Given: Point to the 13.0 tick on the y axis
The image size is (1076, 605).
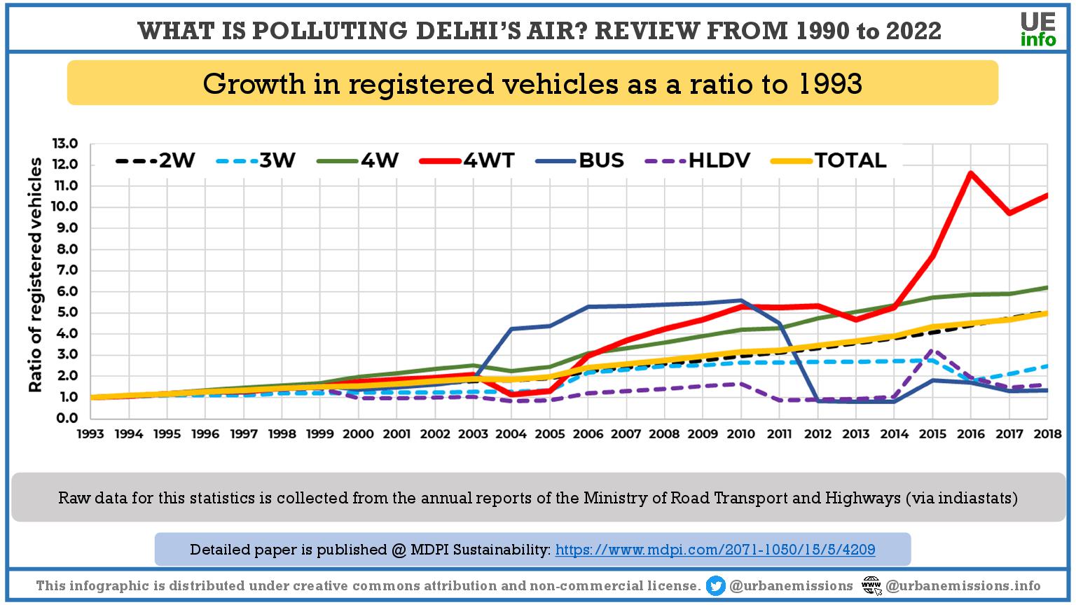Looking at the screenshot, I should (64, 144).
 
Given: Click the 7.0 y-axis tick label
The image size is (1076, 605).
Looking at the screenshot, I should (64, 270).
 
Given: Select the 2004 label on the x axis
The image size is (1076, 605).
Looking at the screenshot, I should (511, 434).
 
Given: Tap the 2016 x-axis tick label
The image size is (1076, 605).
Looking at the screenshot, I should (971, 434).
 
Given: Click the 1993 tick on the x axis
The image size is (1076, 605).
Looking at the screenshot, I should (90, 434).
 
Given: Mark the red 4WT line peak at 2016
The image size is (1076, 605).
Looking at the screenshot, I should (970, 172).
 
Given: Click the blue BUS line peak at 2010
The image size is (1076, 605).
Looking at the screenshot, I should (741, 300).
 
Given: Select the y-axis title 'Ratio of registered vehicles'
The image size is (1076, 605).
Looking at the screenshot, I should (35, 274).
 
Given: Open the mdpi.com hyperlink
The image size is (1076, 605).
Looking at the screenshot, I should (715, 550).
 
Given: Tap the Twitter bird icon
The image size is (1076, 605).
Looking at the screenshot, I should (716, 585).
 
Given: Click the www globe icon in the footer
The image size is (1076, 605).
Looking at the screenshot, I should (871, 585).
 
